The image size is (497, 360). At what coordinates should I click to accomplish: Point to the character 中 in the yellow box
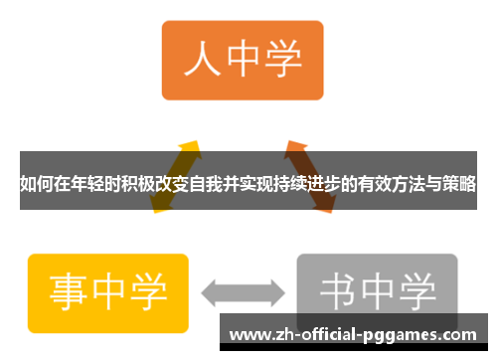coord(109,289)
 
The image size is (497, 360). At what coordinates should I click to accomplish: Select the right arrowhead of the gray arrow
coord(278,292)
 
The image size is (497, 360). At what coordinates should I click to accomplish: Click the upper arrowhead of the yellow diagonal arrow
coord(190,146)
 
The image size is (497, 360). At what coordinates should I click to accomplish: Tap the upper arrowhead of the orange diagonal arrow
coord(295,147)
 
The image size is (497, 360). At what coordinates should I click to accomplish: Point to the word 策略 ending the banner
coord(460,184)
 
